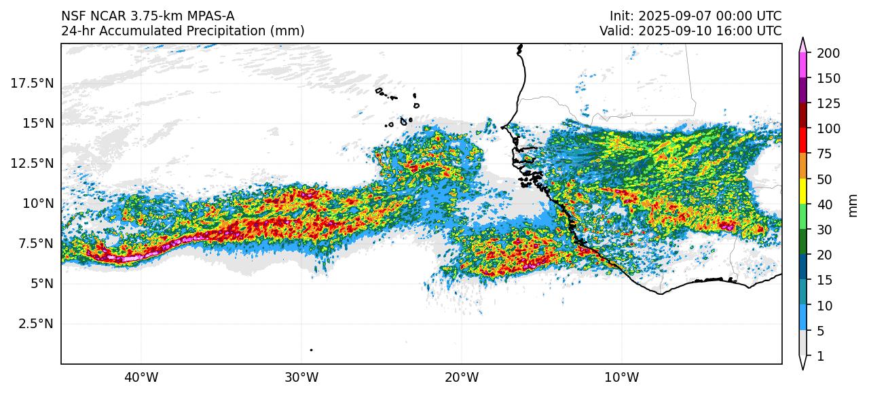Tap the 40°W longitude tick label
coord(141,376)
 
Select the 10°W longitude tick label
coord(621,376)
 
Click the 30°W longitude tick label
coord(301,376)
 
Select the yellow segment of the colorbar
coord(802,192)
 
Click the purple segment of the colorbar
coord(802,90)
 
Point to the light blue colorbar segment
coord(802,318)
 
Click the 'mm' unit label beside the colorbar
coord(853,204)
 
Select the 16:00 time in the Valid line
coord(732,31)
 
